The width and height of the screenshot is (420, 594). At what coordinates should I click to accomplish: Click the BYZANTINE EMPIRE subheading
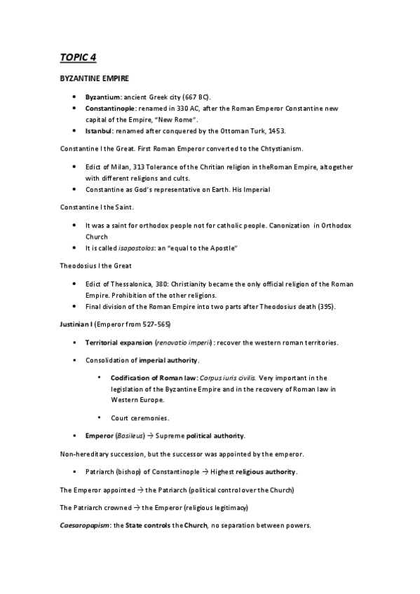tap(90, 80)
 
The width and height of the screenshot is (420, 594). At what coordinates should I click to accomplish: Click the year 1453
tap(276, 131)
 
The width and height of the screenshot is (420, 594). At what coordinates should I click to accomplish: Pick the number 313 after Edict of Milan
tap(136, 167)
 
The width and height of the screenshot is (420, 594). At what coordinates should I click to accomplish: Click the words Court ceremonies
tap(140, 417)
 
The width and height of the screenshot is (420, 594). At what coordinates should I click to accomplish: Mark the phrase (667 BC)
tap(202, 96)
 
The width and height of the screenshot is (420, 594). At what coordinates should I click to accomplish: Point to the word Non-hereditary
tap(86, 454)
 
